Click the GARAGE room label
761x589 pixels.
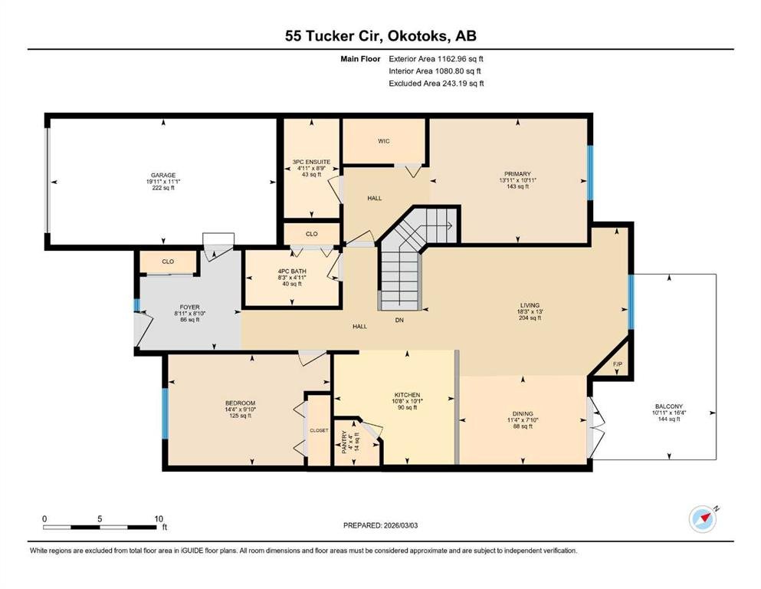point(163,176)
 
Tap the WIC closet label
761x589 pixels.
point(384,141)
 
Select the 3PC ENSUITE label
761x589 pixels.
point(311,162)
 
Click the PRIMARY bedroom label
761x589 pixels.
point(517,174)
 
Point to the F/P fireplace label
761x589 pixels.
point(618,364)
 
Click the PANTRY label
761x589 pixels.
point(344,443)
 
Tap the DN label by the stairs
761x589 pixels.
point(399,320)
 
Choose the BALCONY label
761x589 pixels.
point(669,406)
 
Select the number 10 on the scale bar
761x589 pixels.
point(159,518)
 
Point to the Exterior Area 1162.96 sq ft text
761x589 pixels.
point(436,59)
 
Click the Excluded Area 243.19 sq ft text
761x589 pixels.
point(436,83)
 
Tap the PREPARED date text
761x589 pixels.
point(380,525)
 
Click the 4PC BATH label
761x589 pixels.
point(292,271)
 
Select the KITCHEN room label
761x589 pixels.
point(407,395)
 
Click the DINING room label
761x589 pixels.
point(523,413)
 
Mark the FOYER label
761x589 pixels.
point(189,308)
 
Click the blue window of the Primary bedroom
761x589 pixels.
point(590,173)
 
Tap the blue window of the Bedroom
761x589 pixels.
point(165,413)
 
